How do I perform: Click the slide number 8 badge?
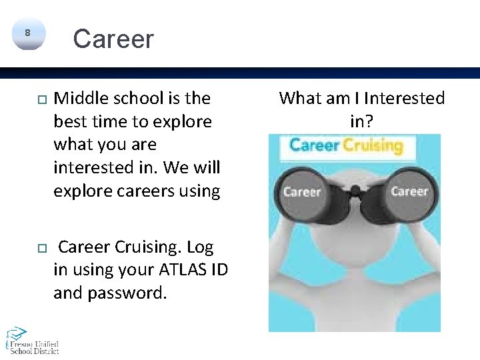27,33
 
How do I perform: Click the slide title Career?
113,39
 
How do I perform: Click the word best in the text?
69,122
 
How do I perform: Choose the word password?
127,293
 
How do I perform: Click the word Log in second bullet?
200,247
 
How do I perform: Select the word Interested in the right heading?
403,99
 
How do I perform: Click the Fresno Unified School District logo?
32,340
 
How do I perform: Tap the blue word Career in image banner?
315,145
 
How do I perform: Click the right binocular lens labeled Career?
409,191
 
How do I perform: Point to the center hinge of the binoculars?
355,193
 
